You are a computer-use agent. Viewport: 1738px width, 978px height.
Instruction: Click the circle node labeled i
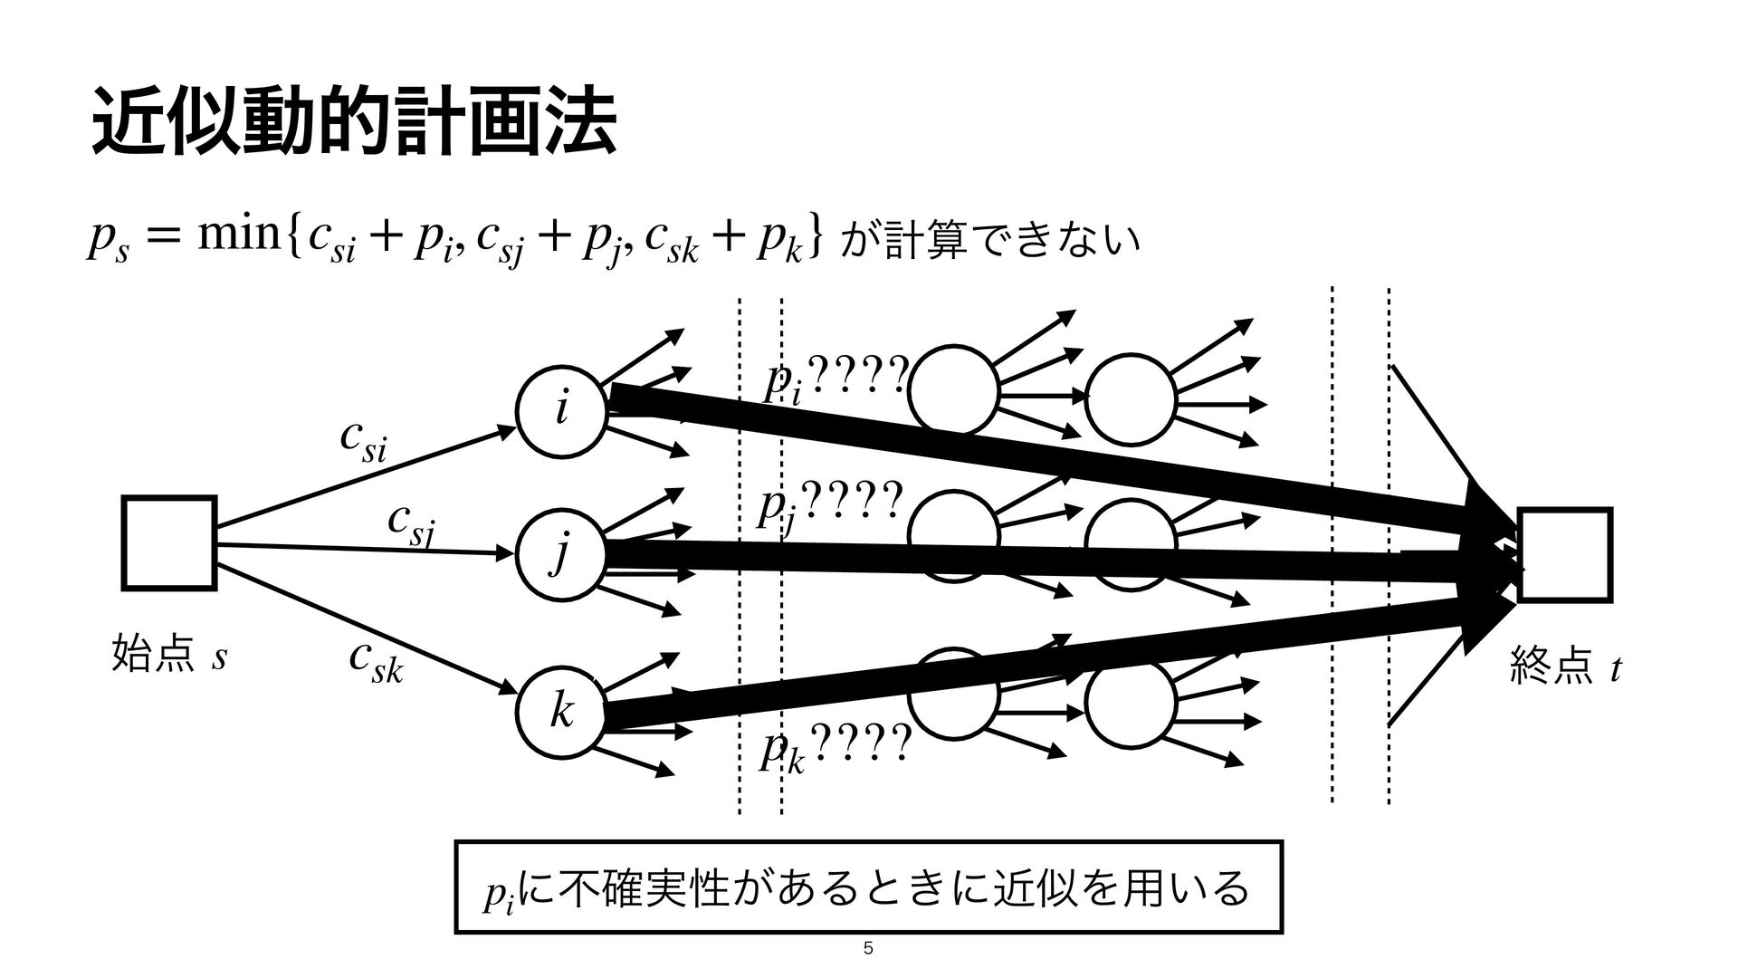coord(561,409)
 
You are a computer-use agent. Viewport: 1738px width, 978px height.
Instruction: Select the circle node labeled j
coord(561,554)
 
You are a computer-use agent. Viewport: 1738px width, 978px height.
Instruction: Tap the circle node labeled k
coord(561,712)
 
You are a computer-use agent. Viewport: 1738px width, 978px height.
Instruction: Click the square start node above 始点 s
coord(169,542)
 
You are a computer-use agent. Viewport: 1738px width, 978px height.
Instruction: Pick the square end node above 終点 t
coord(1565,554)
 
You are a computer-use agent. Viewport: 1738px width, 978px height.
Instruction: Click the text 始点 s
coord(168,656)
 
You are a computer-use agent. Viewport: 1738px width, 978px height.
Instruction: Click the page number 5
coord(868,949)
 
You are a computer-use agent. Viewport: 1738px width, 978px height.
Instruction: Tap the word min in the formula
coord(251,237)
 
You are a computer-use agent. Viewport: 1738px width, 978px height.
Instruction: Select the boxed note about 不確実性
coord(868,887)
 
